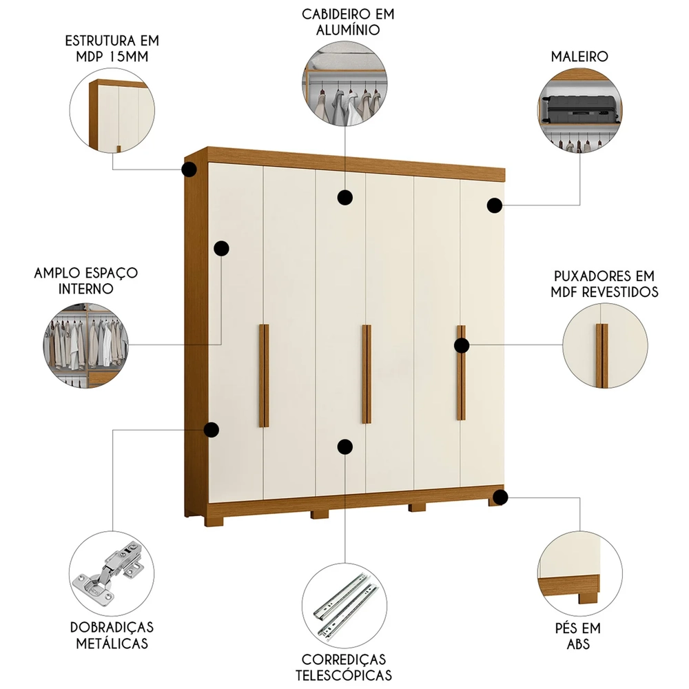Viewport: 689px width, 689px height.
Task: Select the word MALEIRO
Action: [579, 56]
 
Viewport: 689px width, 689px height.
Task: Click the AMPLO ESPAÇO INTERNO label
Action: [85, 280]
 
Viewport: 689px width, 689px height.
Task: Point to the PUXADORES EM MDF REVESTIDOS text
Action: [604, 284]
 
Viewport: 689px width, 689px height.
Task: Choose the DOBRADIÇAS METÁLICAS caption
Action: [112, 636]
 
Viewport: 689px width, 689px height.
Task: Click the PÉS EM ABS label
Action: [578, 636]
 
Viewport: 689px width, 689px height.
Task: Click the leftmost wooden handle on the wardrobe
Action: [264, 376]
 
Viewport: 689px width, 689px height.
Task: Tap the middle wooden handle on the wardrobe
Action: [367, 373]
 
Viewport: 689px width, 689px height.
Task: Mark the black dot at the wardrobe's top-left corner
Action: [189, 169]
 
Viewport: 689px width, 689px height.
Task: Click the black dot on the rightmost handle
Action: [462, 346]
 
